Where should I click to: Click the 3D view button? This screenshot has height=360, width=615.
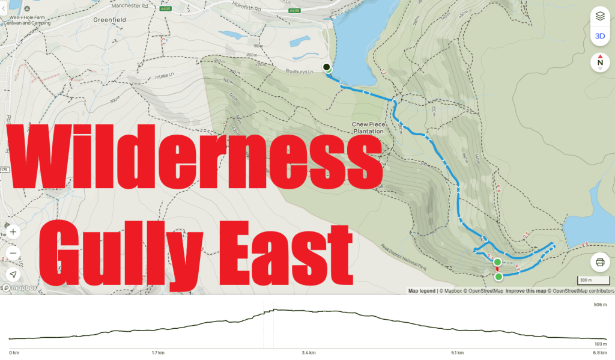tap(599, 36)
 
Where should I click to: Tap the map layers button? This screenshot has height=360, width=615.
tap(599, 16)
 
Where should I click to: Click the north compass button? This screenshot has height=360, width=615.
tap(599, 62)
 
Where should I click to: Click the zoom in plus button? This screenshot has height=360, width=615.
tap(13, 231)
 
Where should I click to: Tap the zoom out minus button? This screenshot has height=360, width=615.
tap(13, 252)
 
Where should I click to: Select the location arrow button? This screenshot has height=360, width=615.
tap(13, 274)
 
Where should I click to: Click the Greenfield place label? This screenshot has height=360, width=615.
tap(108, 19)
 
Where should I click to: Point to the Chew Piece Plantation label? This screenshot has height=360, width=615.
tap(368, 128)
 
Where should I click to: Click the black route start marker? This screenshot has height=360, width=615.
tap(326, 67)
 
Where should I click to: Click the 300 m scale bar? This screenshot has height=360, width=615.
tap(586, 280)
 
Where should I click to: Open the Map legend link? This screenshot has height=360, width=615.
tap(422, 291)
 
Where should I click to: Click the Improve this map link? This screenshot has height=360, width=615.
tap(526, 291)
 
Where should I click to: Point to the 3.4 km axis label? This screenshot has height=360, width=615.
tap(309, 353)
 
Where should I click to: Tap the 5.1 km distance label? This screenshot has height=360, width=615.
tap(458, 353)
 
